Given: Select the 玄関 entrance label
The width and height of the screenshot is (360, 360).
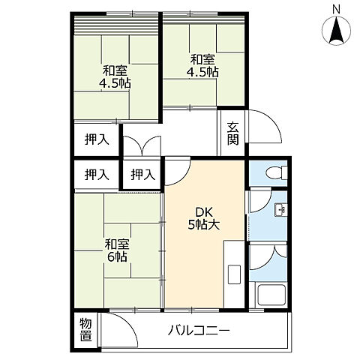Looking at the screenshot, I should coord(232,133).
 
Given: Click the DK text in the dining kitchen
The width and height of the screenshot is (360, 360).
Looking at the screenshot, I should coord(202,211).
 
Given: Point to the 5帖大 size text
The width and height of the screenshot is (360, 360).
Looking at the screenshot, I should coord(202,224).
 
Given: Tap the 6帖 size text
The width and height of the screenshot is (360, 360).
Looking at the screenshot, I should coord(116,257).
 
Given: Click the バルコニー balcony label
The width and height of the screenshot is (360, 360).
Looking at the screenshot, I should coord(199,329).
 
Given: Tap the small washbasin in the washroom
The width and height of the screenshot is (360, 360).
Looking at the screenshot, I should coord(279,209).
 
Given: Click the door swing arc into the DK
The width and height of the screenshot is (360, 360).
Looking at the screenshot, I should coord(175,172).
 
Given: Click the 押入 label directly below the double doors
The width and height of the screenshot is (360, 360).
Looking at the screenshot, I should coord(142,175).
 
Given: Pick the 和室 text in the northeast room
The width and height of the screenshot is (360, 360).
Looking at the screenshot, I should coord(202,59).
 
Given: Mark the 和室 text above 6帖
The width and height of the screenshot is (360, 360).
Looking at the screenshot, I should coord(116,244).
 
